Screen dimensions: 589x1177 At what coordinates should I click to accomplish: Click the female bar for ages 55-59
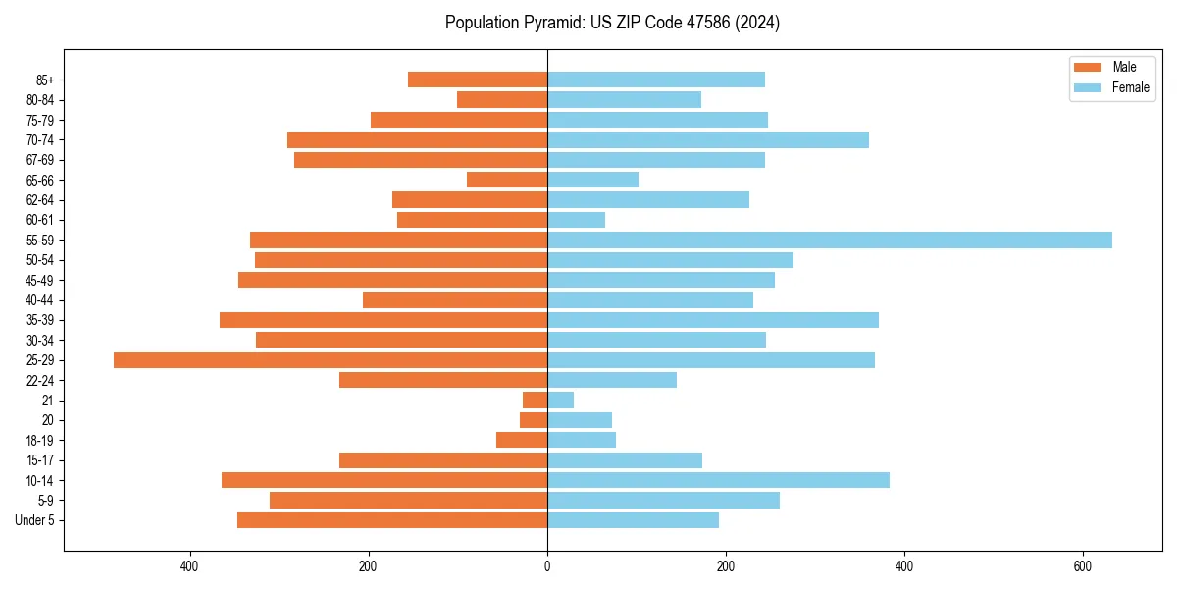tap(829, 240)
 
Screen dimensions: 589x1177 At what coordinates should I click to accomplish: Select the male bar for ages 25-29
tap(331, 360)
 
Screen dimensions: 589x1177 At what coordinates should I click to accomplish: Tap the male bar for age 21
tap(535, 401)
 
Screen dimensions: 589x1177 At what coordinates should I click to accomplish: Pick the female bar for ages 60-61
tap(576, 220)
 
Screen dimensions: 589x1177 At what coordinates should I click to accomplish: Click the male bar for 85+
tap(478, 80)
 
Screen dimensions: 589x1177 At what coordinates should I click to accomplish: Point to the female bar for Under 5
tap(633, 520)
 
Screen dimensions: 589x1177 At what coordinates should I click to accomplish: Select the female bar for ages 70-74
tap(708, 139)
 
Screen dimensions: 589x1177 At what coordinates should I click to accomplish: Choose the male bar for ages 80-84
tap(502, 99)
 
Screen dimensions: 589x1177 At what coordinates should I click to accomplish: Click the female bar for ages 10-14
tap(718, 480)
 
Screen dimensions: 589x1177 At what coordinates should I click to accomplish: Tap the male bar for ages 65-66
tap(507, 180)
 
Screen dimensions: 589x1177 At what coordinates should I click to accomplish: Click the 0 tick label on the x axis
tap(547, 566)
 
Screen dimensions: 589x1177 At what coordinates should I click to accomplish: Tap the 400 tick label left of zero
tap(190, 566)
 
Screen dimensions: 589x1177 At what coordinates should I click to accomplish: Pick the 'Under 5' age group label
tap(34, 520)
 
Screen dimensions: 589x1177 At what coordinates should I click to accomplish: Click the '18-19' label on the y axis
tap(39, 441)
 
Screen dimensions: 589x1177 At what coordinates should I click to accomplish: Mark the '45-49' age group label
tap(39, 281)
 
